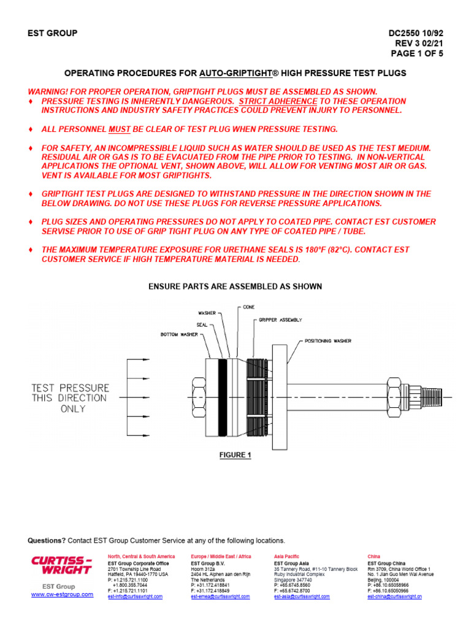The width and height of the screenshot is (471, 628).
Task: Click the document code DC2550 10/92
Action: pos(416,33)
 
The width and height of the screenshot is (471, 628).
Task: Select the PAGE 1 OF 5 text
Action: pos(417,53)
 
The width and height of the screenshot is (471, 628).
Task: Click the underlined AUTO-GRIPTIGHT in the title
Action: pos(235,73)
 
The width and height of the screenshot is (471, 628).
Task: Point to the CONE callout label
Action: pos(249,307)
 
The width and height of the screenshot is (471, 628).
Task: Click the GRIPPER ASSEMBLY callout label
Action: pos(280,320)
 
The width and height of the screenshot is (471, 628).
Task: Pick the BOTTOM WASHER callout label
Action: pos(179,335)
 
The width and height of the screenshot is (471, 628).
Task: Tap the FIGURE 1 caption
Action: pos(235,455)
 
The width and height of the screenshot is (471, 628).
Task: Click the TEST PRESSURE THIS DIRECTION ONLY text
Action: pos(71,397)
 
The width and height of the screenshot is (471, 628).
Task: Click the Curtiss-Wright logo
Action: pos(61,565)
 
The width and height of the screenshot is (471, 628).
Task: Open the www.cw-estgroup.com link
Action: pos(63,594)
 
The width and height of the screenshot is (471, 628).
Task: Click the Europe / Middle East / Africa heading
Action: pos(221,556)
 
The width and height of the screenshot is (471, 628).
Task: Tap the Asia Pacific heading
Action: pos(287,556)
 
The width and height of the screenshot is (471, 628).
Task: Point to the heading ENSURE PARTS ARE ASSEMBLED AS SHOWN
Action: pos(235,286)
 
